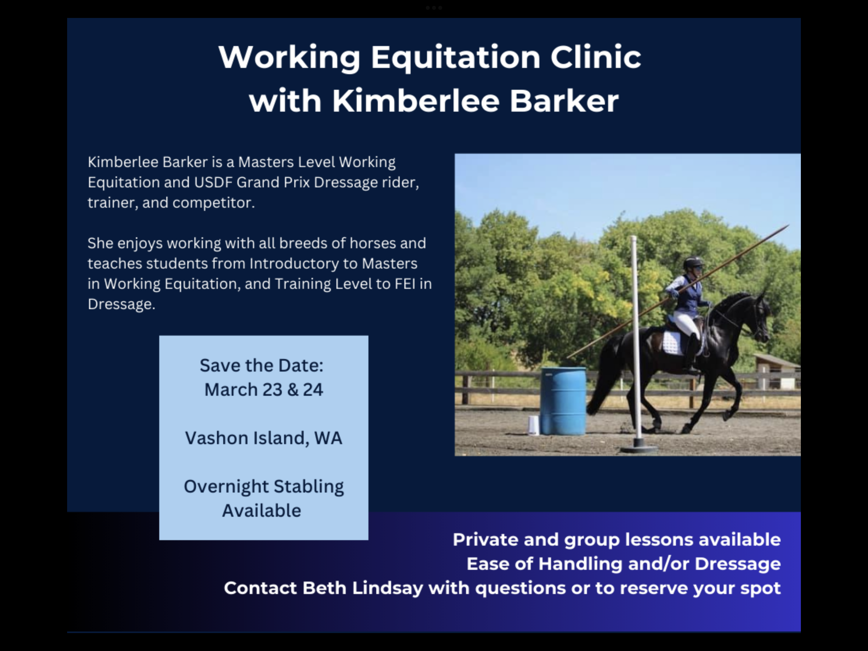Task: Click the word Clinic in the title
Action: tap(596, 57)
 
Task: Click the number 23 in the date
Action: tap(272, 390)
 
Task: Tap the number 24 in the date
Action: tap(313, 390)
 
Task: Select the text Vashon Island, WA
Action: tap(263, 438)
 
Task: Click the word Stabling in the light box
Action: tap(308, 487)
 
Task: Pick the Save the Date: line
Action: tap(261, 365)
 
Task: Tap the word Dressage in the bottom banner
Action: tap(738, 564)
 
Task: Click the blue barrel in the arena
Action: tap(564, 401)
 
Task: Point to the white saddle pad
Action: tap(672, 343)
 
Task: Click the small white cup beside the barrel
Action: tap(533, 425)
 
